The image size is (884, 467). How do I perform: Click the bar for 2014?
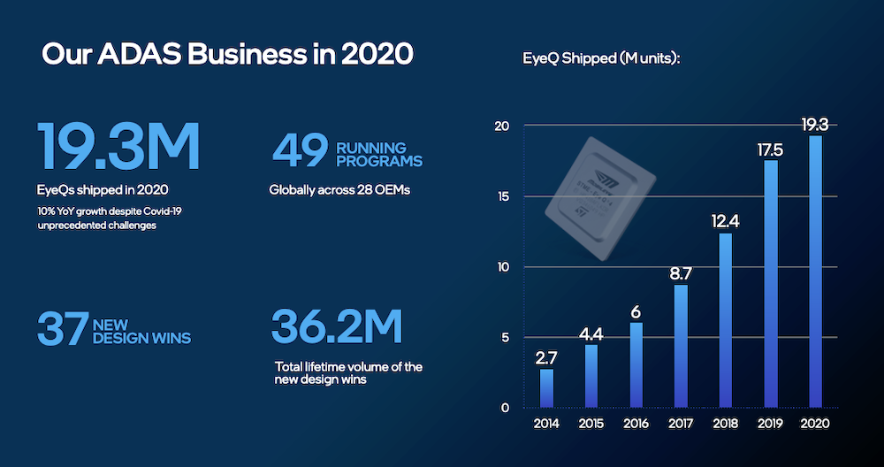pos(546,388)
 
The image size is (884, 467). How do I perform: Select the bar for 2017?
pos(681,346)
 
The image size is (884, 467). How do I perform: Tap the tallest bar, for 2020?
pos(816,272)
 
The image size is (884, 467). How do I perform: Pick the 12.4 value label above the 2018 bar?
pos(726,218)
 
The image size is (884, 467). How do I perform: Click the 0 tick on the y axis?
pos(505,408)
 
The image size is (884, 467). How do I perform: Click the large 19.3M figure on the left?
pos(118,148)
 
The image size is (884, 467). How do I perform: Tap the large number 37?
pos(63,327)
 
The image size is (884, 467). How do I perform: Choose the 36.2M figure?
pos(337,327)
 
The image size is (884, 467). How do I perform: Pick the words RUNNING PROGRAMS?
pos(378,154)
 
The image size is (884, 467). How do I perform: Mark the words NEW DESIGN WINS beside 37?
pos(141,332)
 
